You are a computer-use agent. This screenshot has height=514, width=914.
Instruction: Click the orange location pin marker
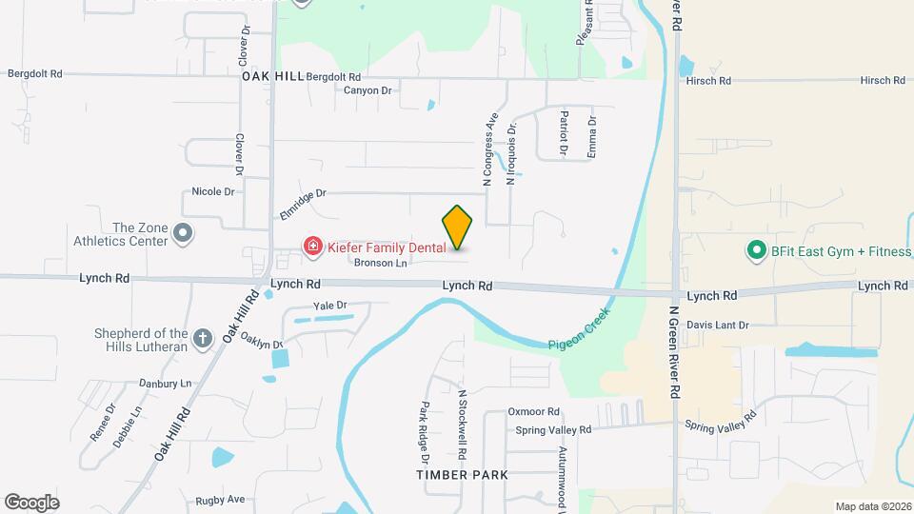coord(457,227)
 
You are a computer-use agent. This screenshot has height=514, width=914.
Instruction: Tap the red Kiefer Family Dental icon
coord(312,247)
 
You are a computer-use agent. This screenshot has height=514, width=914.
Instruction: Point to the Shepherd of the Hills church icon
coord(202,337)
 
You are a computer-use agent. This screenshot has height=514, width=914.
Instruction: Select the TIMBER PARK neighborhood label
coord(462,474)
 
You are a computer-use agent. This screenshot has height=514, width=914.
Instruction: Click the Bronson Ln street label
coord(381,263)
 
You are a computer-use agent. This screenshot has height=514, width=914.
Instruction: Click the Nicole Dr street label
coord(213,191)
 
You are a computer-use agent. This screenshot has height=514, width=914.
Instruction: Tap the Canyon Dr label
coord(368,90)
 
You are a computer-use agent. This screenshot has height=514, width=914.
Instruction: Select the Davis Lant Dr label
coord(718,325)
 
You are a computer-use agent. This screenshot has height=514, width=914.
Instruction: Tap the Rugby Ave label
coord(221,499)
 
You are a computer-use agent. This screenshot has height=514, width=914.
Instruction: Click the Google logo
coord(31,503)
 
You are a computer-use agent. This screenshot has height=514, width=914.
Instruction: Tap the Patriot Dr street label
coord(564,133)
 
